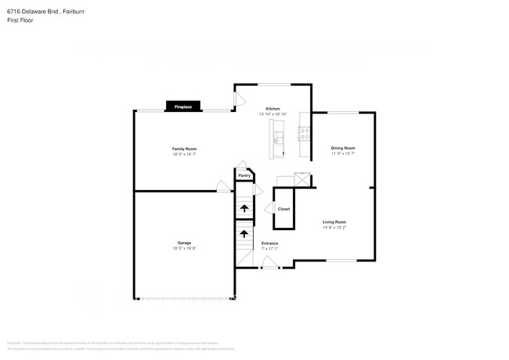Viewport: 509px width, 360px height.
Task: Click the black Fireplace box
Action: pyautogui.click(x=182, y=106)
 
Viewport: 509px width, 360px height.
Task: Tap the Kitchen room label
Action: pyautogui.click(x=273, y=109)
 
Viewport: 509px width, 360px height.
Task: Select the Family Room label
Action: pyautogui.click(x=184, y=149)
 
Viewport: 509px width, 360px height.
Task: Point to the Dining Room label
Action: pyautogui.click(x=343, y=148)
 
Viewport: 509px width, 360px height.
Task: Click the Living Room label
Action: pyautogui.click(x=334, y=222)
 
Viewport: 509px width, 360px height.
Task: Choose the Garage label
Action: pyautogui.click(x=184, y=243)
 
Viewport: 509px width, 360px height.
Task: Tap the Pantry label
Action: pyautogui.click(x=244, y=176)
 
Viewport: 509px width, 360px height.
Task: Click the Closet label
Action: pyautogui.click(x=283, y=209)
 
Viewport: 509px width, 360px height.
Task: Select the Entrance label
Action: pyautogui.click(x=269, y=243)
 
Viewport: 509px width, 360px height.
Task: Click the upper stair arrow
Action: pyautogui.click(x=244, y=208)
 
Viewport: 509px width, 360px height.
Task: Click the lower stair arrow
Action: pyautogui.click(x=244, y=233)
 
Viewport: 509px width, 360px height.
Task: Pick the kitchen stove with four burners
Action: pyautogui.click(x=304, y=136)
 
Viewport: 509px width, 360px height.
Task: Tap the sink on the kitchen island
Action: pyautogui.click(x=278, y=139)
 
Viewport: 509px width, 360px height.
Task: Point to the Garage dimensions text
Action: pyautogui.click(x=184, y=248)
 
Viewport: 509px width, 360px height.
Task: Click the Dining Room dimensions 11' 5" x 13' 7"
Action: pyautogui.click(x=343, y=153)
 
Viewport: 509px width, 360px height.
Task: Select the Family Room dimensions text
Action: pyautogui.click(x=184, y=154)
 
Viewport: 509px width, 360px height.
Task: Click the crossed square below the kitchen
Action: pyautogui.click(x=302, y=178)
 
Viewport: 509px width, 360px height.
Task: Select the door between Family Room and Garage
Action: pyautogui.click(x=223, y=187)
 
